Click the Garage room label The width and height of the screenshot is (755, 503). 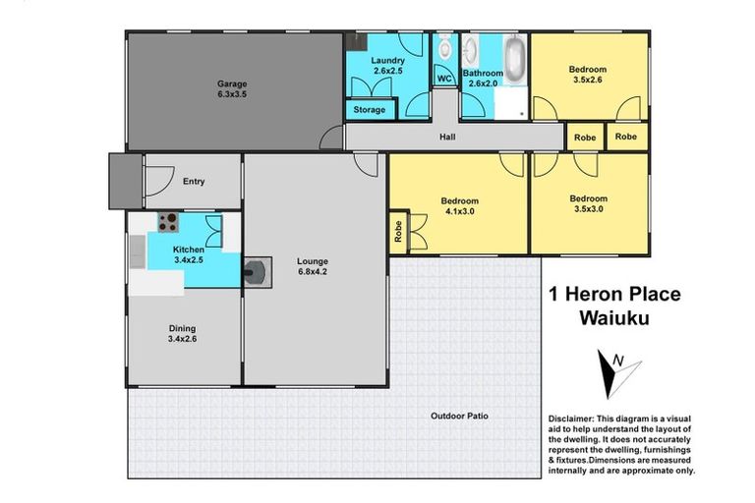click(232, 90)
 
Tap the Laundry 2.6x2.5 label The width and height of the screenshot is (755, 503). click(387, 66)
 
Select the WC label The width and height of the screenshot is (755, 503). click(443, 78)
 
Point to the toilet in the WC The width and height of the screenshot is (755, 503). click(444, 47)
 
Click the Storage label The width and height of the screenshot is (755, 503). click(369, 110)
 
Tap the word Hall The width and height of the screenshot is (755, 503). click(447, 139)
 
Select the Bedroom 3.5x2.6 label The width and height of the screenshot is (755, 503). click(587, 76)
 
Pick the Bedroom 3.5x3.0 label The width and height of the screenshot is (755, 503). click(587, 203)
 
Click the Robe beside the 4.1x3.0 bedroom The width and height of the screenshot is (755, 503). click(398, 232)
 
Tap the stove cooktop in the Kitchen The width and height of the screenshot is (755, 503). click(169, 222)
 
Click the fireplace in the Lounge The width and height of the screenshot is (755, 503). click(258, 270)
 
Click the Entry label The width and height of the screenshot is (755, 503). click(193, 181)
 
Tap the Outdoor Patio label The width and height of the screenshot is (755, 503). click(459, 416)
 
